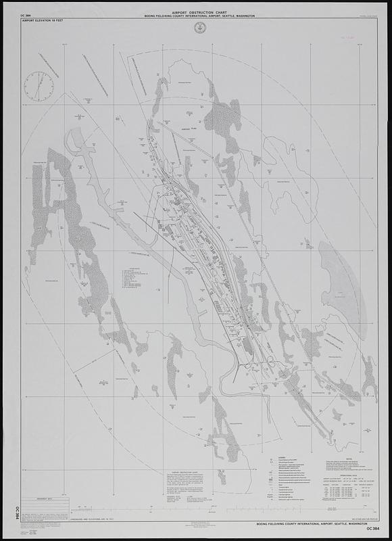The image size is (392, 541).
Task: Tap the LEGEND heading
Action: point(273,456)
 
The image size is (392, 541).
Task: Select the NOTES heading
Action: point(331,456)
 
